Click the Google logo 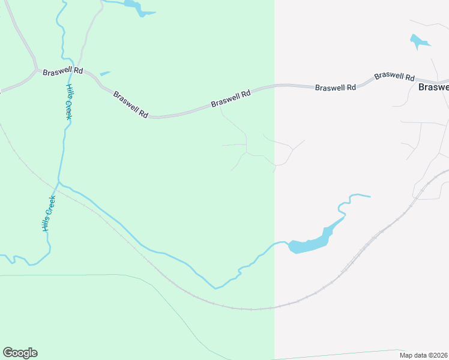pyautogui.click(x=20, y=353)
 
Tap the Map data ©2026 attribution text pyautogui.click(x=423, y=355)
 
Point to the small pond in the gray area pyautogui.click(x=418, y=41)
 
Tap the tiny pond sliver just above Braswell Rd pyautogui.click(x=105, y=74)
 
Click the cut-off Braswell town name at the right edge pyautogui.click(x=433, y=87)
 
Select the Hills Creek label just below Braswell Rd pyautogui.click(x=68, y=102)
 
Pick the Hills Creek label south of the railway pyautogui.click(x=48, y=214)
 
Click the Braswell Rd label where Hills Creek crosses pyautogui.click(x=62, y=71)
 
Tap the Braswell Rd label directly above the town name pyautogui.click(x=394, y=77)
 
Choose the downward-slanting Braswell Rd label pyautogui.click(x=130, y=104)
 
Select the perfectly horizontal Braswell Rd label pyautogui.click(x=336, y=88)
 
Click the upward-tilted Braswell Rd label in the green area pyautogui.click(x=231, y=99)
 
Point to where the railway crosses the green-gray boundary pyautogui.click(x=274, y=308)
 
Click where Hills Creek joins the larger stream pyautogui.click(x=59, y=181)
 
